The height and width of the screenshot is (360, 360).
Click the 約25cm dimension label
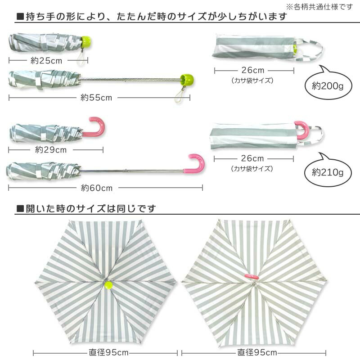coord(46,60)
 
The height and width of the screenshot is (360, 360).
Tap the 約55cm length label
coord(96,97)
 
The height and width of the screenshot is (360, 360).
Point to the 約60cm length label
coord(97,188)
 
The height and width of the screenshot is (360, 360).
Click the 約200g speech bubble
coord(328,85)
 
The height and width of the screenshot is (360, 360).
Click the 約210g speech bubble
coord(328,172)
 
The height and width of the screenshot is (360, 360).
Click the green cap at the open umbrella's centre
coord(108,284)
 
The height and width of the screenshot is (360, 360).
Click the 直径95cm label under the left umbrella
coord(108,352)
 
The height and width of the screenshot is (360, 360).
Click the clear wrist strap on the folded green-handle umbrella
coord(81,57)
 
